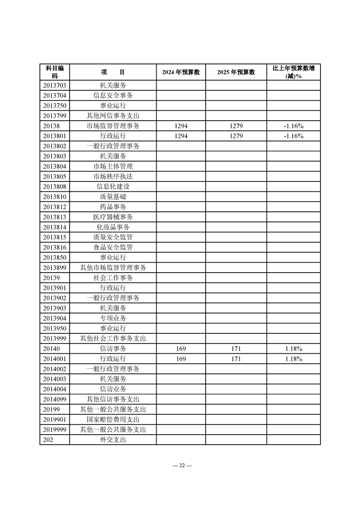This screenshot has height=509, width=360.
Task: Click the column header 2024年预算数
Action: [181, 72]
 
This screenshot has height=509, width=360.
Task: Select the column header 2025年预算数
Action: [236, 72]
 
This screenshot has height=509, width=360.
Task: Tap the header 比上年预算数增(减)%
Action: [293, 72]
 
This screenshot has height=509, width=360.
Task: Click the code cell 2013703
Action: [55, 85]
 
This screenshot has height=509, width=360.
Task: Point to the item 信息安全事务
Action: [113, 95]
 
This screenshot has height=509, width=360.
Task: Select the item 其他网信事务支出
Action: [113, 116]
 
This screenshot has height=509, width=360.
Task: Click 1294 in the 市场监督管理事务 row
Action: [181, 126]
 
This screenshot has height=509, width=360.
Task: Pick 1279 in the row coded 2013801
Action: [236, 136]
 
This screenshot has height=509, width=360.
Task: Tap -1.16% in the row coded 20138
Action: [293, 126]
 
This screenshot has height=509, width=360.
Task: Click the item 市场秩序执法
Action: [113, 176]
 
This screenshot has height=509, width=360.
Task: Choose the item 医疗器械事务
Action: [113, 217]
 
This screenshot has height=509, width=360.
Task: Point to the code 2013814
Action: [55, 227]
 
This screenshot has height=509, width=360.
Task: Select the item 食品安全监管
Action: [113, 247]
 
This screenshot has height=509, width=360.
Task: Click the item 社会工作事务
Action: [113, 278]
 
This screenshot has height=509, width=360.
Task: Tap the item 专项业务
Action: [113, 318]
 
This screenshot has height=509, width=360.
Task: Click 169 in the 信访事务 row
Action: [181, 348]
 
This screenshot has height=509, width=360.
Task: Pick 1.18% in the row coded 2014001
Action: [293, 359]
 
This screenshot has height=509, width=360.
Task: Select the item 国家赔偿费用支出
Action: [113, 419]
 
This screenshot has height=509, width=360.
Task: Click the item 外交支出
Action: [113, 440]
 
